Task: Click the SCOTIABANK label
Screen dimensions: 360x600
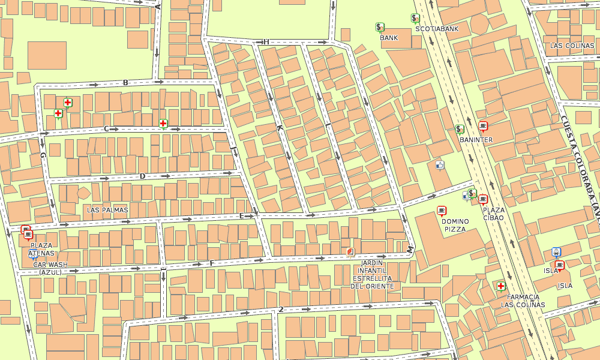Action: tap(437, 28)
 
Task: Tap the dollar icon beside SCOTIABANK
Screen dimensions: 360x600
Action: tap(415, 18)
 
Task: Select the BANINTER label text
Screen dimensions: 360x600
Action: tap(476, 140)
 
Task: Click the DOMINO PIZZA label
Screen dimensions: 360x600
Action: tap(455, 225)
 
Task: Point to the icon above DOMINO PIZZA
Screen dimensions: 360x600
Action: tap(442, 211)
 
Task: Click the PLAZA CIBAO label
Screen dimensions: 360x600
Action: tap(494, 214)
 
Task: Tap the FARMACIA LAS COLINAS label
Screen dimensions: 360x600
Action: tap(523, 301)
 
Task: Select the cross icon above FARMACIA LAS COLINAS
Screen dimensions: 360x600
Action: tap(500, 286)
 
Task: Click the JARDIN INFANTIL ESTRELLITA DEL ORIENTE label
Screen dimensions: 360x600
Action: tap(372, 275)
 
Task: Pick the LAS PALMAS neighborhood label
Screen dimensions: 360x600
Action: tap(107, 210)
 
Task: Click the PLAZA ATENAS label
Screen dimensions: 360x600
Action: tap(41, 249)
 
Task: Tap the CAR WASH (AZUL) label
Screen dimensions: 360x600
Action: tap(50, 268)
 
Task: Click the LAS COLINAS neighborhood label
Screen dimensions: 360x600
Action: tap(572, 46)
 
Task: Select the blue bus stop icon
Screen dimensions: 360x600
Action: tap(556, 252)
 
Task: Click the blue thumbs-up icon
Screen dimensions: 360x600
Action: tap(440, 164)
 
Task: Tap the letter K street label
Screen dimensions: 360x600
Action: tap(279, 128)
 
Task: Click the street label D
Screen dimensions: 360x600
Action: tap(142, 176)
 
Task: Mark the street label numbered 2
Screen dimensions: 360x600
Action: tap(280, 310)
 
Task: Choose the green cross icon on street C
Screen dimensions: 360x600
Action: tap(163, 124)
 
